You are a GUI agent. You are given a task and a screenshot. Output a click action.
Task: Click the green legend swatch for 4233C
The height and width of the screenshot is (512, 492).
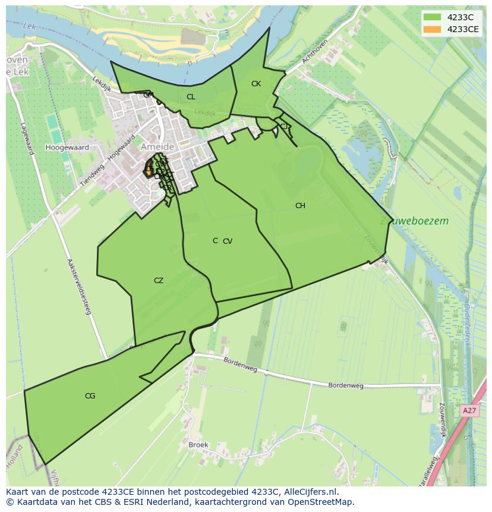pyautogui.click(x=432, y=17)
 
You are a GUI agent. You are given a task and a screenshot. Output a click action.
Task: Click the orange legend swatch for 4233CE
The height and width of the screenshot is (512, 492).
pyautogui.click(x=432, y=29)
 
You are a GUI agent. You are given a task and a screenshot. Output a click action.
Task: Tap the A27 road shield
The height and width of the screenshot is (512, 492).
pyautogui.click(x=469, y=411)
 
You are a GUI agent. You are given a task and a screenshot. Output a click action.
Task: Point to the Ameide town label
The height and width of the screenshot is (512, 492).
pyautogui.click(x=157, y=147)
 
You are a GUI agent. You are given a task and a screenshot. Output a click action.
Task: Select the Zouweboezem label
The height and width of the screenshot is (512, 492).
pyautogui.click(x=414, y=221)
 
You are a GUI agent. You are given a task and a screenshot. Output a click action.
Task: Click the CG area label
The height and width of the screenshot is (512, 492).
pyautogui.click(x=90, y=396)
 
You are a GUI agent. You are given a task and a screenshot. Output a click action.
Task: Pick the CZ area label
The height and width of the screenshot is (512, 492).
pyautogui.click(x=159, y=281)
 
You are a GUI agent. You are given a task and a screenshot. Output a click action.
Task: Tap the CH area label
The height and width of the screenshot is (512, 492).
pyautogui.click(x=300, y=206)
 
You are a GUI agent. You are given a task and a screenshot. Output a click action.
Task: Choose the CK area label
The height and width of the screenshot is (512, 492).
pyautogui.click(x=256, y=84)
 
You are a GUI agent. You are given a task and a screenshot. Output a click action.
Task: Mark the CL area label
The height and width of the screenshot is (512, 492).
pyautogui.click(x=191, y=97)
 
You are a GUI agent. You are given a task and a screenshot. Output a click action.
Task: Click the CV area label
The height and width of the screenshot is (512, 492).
pyautogui.click(x=228, y=241)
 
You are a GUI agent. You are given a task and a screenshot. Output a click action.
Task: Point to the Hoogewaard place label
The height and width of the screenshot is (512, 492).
pyautogui.click(x=67, y=147)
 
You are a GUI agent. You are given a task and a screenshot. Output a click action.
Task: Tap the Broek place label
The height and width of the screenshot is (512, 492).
pyautogui.click(x=198, y=445)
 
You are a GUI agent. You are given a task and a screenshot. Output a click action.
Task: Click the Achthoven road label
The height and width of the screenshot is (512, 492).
pyautogui.click(x=315, y=52)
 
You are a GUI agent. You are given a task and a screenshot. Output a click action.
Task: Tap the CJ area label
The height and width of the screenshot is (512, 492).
pyautogui.click(x=284, y=126)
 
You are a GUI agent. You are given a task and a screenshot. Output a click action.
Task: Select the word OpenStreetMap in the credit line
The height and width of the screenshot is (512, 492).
pyautogui.click(x=321, y=502)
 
